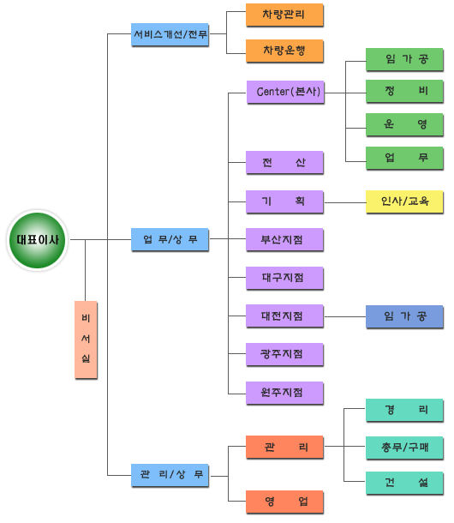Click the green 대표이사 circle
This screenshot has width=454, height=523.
pos(38,240)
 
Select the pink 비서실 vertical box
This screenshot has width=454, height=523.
pos(86,340)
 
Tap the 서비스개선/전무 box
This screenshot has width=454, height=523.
pos(170,34)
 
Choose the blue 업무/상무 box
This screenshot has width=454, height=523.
pos(170,239)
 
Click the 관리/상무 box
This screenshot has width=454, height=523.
pos(170,475)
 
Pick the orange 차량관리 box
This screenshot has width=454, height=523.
pos(284,15)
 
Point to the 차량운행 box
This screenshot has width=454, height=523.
pos(284,51)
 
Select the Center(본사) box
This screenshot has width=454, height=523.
pos(285,92)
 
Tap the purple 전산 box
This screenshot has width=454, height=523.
pos(284,162)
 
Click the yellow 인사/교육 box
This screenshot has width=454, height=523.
pos(404,201)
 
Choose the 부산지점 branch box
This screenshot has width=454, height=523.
pos(284,239)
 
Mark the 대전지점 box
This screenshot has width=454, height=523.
pos(284,316)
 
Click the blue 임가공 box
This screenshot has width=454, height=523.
pos(404,316)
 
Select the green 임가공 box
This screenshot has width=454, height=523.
pos(404,59)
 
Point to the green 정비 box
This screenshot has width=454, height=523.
pos(404,91)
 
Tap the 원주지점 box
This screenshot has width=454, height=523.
pos(284,393)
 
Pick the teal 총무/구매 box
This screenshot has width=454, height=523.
pos(404,448)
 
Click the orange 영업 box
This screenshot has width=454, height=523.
pos(284,502)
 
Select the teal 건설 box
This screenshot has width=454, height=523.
pos(404,483)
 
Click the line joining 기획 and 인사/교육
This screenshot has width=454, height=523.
pos(345,202)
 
